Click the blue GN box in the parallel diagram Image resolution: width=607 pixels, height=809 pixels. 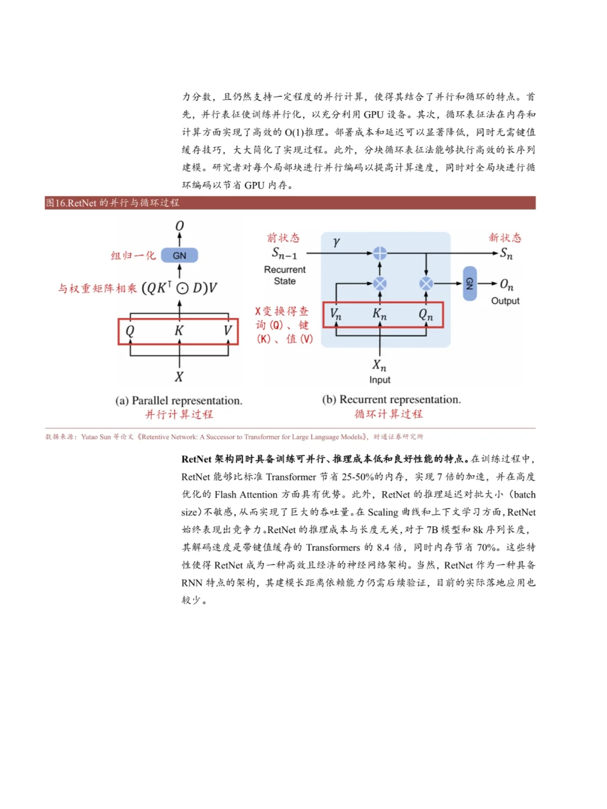point(179,256)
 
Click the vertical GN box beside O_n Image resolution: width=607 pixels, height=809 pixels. point(470,284)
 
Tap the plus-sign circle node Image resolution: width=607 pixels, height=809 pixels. point(380,253)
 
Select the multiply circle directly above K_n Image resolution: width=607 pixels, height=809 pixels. point(380,283)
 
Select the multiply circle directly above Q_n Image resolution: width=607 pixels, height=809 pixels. point(426,283)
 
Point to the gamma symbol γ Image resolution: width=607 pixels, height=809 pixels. point(336,242)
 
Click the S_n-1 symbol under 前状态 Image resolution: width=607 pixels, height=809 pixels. point(284,253)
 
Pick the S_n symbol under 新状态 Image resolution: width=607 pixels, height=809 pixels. point(506,253)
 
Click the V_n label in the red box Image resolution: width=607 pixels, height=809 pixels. point(336,315)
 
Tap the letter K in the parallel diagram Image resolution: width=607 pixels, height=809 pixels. point(179,331)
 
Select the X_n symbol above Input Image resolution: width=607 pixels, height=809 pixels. point(379,366)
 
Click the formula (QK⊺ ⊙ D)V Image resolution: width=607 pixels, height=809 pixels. point(179,288)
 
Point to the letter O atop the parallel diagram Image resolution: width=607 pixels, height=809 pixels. point(179,226)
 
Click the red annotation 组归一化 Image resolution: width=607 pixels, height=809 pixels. point(133,256)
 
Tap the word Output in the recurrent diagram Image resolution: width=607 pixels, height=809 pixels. point(505,301)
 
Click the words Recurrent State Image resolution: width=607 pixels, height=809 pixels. point(285,275)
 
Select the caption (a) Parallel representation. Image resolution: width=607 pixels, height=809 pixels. point(179,401)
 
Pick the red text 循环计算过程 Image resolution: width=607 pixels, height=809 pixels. point(388,414)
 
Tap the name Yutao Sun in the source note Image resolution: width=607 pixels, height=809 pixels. point(96,437)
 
